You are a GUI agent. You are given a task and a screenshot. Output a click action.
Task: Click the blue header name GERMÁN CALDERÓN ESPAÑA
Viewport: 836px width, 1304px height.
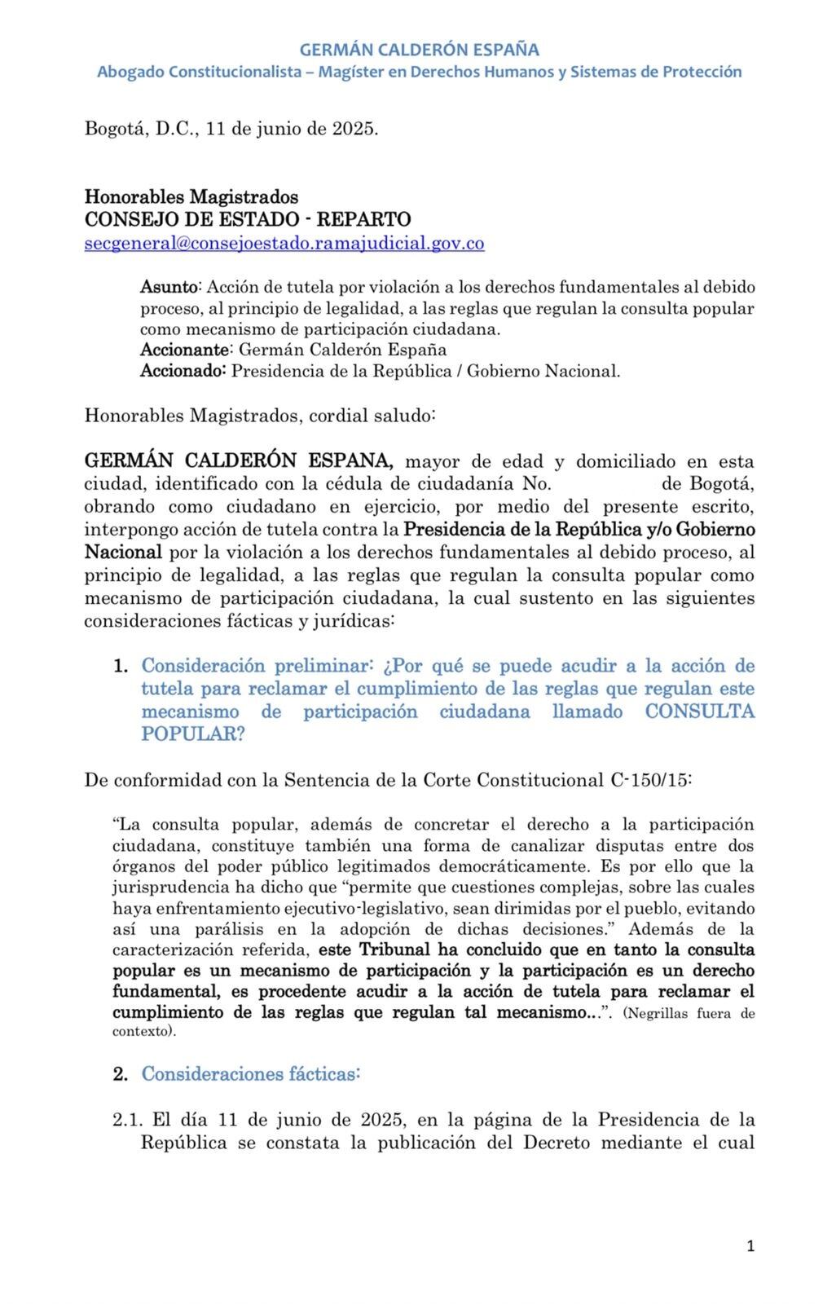[419, 51]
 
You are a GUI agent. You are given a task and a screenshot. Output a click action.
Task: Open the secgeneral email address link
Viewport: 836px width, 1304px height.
[284, 244]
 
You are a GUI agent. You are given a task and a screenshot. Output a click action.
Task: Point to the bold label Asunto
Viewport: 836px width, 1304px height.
[169, 287]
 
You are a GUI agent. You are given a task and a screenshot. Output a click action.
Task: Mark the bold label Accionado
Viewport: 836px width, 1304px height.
[183, 372]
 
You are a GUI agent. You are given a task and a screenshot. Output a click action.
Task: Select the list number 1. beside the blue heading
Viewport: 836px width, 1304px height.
[121, 667]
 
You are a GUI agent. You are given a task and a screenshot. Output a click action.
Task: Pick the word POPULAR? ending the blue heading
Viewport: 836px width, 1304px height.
[193, 734]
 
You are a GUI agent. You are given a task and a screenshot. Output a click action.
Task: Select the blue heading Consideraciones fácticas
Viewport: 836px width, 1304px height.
[251, 1073]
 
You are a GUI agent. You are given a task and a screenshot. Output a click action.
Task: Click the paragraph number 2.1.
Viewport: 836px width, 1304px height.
[125, 1120]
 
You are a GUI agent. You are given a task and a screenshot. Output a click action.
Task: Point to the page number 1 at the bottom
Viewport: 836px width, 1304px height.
[750, 1246]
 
